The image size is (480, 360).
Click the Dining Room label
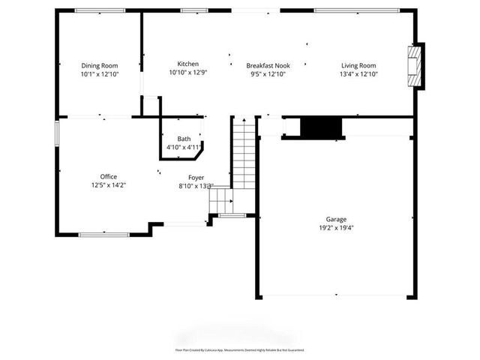(100, 65)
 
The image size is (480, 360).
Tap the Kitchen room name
(187, 64)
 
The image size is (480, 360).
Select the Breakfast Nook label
(268, 65)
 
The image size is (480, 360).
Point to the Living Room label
(358, 65)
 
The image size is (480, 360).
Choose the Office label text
(109, 176)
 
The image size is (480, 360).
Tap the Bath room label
(184, 139)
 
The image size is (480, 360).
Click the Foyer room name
(196, 177)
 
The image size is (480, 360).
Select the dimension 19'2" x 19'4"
(335, 229)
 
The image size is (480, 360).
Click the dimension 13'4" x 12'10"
(358, 73)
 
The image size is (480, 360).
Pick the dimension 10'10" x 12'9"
(187, 73)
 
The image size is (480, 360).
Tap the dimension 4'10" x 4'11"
(184, 147)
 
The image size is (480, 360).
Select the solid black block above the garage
(321, 127)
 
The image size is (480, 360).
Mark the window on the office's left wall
(56, 133)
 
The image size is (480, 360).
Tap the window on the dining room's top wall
(100, 10)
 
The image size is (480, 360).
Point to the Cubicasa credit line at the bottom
(239, 350)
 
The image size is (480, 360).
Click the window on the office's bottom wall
(103, 235)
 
